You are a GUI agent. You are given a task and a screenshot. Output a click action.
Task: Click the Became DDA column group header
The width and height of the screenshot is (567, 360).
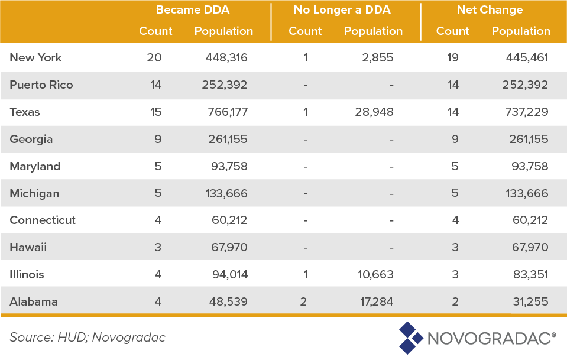[192, 10]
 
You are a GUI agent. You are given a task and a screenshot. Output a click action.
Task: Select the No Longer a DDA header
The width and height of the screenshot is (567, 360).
[342, 10]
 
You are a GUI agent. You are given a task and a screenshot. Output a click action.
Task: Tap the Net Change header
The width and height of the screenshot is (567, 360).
[490, 10]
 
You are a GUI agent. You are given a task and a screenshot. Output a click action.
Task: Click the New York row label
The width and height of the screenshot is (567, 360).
[35, 58]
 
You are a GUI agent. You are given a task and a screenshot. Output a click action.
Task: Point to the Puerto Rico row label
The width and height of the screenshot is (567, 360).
[41, 85]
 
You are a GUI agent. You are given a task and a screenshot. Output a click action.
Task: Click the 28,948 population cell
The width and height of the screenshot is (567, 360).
[373, 112]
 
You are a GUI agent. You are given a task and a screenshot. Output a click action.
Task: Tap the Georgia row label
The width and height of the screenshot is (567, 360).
[31, 140]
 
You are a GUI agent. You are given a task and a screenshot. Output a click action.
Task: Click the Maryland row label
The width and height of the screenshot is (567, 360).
[35, 167]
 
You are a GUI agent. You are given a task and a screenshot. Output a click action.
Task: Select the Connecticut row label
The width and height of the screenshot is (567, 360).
[43, 220]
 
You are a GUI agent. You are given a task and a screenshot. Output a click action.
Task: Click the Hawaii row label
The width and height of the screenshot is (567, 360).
[28, 248]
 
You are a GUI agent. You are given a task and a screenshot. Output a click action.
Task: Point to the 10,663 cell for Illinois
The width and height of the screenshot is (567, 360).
[373, 275]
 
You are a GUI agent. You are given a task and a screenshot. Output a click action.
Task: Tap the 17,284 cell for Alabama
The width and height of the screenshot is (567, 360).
[373, 302]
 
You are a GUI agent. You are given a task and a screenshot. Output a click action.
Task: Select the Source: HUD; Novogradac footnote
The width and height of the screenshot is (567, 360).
[88, 338]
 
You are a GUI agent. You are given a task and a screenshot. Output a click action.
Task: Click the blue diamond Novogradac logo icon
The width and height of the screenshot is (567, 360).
[410, 338]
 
